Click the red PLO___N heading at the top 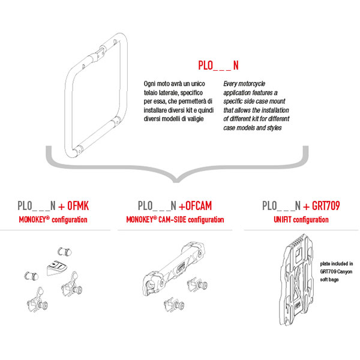tap(218, 65)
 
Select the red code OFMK tap(77, 206)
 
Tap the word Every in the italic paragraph tap(232, 85)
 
